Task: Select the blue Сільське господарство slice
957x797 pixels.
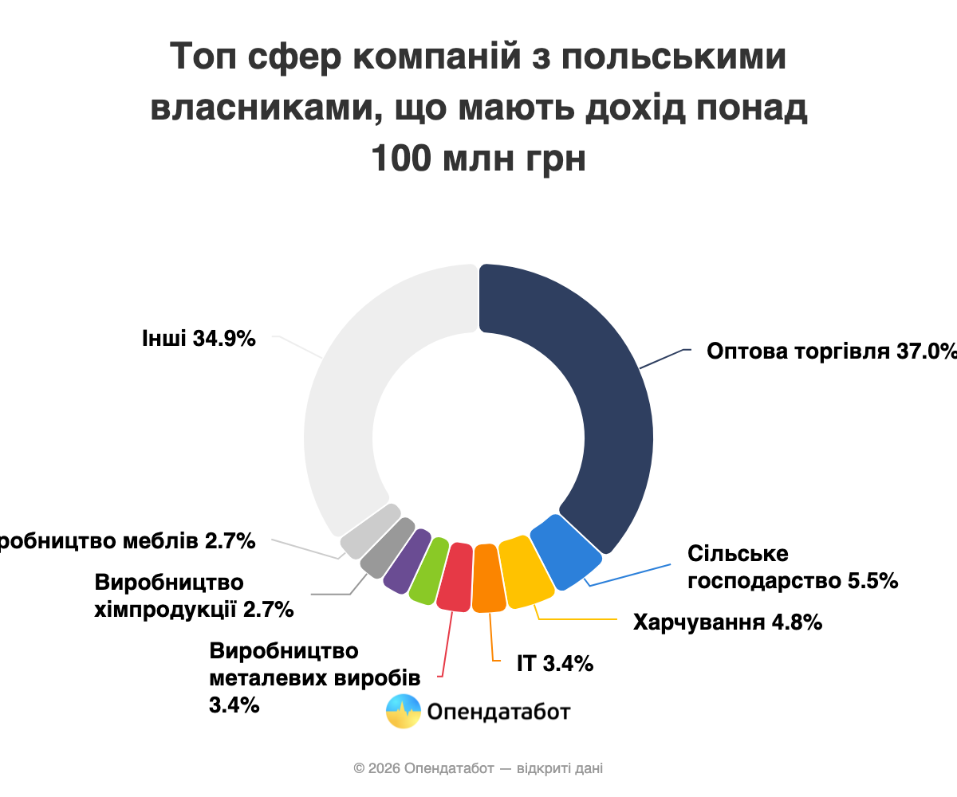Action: (565, 552)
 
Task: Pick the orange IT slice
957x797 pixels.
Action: (488, 579)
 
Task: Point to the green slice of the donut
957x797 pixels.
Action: (429, 569)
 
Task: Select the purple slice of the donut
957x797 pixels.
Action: (407, 559)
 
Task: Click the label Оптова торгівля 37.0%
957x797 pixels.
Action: (829, 351)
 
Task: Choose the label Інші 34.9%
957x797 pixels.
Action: (199, 338)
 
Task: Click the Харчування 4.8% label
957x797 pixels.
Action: (727, 622)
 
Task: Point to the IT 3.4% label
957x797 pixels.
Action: (555, 662)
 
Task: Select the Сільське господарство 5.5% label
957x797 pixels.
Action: (793, 567)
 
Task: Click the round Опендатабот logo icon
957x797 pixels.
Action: (404, 711)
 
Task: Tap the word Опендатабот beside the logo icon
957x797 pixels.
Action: (499, 711)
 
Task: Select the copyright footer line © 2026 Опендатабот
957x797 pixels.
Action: (478, 768)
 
